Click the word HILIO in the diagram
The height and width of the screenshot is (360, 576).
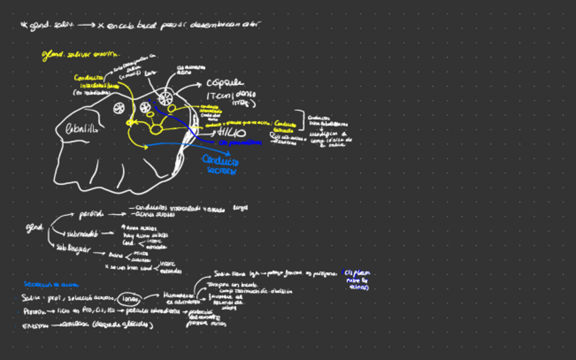(232, 132)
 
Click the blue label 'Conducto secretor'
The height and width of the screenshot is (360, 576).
(221, 166)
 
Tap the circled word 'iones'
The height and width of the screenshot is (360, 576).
(128, 299)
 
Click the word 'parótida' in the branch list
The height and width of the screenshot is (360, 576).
(91, 214)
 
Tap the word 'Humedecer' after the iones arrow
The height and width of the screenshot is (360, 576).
(179, 295)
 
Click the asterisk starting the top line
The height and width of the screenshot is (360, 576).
(24, 26)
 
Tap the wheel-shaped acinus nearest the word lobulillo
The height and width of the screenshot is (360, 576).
(119, 107)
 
